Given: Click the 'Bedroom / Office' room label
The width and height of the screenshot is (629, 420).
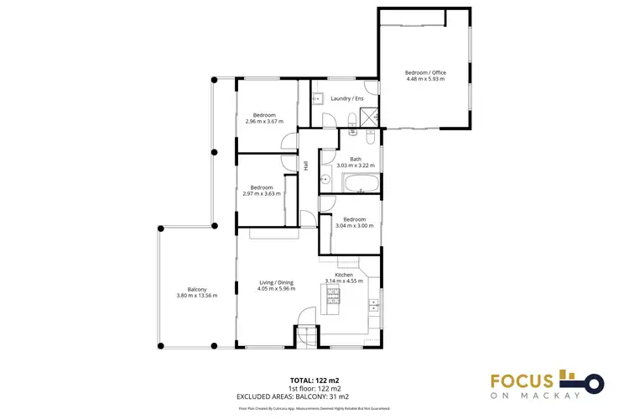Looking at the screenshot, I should [x=426, y=72].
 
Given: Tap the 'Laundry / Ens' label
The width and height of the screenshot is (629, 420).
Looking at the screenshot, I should [x=347, y=99].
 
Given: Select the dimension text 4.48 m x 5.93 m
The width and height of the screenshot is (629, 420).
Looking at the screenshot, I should [x=426, y=80].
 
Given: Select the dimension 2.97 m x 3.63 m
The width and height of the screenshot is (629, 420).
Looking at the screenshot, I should [x=261, y=194].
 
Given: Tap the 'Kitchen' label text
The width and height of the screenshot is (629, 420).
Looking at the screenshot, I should [x=344, y=275].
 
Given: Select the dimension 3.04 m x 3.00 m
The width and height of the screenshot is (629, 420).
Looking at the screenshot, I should [x=354, y=226].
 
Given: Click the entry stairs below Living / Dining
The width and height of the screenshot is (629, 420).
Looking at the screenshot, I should [x=306, y=337].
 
